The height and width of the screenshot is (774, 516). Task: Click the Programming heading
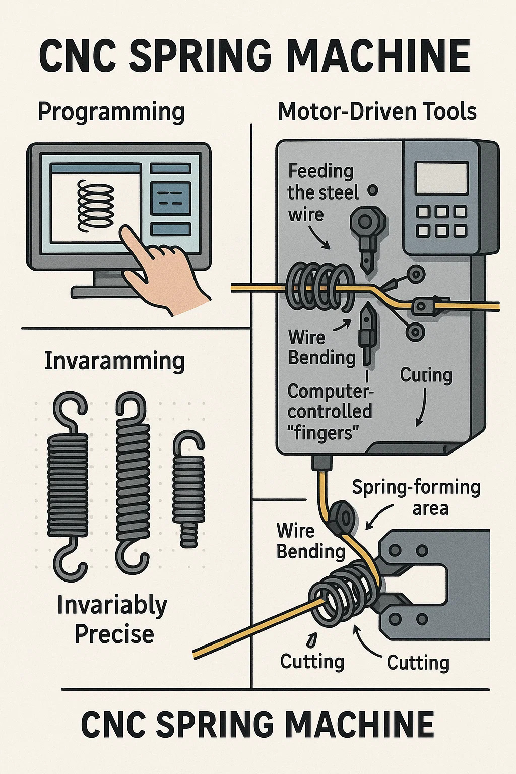(111, 112)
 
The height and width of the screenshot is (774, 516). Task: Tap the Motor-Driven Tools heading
(377, 111)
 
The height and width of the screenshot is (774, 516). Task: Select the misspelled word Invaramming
(114, 361)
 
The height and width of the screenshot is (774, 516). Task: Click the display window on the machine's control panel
(442, 178)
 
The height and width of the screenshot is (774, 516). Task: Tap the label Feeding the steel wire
(320, 193)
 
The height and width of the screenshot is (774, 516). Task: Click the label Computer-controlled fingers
(330, 412)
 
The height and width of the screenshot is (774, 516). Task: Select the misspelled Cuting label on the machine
(426, 375)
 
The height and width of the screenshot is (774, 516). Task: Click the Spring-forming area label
(416, 497)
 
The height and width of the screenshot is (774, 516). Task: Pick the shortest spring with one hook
(189, 489)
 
